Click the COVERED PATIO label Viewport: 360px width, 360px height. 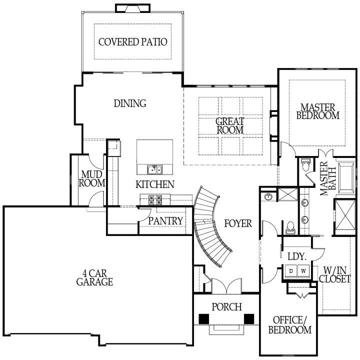[132, 41]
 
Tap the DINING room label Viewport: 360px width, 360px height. [130, 103]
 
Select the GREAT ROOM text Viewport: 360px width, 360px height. [230, 125]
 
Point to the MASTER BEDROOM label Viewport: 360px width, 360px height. [317, 111]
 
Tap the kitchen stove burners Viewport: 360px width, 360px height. [154, 200]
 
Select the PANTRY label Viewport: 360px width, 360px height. [166, 220]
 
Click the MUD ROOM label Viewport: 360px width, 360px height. [93, 179]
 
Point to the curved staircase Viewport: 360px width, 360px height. [212, 225]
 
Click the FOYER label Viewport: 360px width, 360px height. [237, 223]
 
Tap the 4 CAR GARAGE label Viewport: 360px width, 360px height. [94, 278]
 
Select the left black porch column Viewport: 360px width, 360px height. [203, 318]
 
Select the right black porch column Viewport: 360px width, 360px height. [248, 318]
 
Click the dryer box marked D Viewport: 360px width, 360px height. [291, 270]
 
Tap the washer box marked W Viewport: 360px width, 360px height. [303, 270]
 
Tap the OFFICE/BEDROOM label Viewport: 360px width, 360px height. [289, 325]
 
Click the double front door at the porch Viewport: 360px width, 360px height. [226, 286]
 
